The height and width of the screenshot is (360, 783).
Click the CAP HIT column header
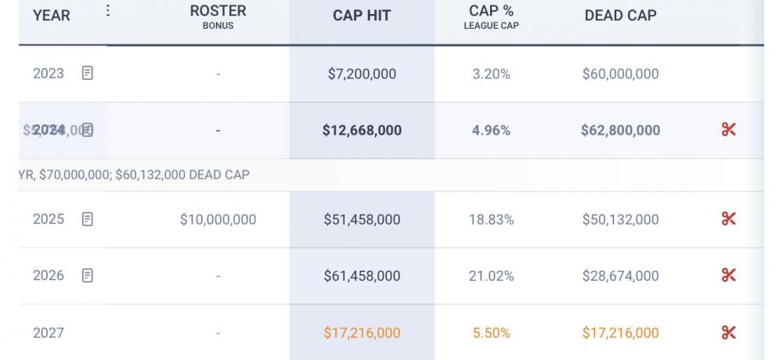[362, 16]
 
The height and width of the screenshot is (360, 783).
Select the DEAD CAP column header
[620, 16]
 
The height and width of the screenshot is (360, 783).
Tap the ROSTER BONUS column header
[218, 16]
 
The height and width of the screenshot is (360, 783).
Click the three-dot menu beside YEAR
[107, 12]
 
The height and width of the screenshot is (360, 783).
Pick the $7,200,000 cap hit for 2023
[362, 74]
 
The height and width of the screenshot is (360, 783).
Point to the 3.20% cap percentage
[491, 74]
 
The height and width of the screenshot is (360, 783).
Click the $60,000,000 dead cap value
[620, 74]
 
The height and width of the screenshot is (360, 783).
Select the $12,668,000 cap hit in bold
[362, 131]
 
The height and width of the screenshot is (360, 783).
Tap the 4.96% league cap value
[491, 131]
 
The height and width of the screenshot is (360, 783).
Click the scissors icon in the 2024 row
[728, 130]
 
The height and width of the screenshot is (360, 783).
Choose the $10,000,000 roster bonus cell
[218, 220]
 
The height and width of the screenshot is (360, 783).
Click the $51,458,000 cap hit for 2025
[362, 220]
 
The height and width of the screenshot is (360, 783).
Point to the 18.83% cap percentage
[491, 220]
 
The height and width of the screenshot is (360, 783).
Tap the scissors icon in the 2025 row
[728, 219]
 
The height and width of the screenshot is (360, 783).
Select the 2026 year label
[49, 276]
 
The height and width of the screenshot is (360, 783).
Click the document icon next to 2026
[88, 275]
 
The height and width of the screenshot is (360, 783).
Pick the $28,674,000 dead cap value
[620, 276]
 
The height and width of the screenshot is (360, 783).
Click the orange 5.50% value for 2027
[491, 333]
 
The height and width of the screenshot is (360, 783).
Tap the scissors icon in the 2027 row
[728, 333]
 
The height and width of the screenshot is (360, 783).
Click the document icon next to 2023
[88, 74]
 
